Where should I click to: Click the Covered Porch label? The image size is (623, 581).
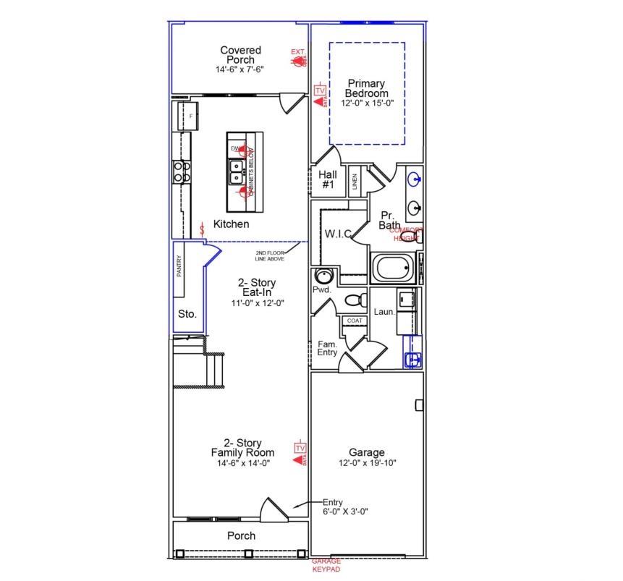(240, 55)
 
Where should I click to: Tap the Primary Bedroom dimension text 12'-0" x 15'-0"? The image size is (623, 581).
(367, 103)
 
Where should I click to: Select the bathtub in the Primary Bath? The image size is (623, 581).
(394, 268)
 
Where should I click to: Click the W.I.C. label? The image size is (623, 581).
(338, 234)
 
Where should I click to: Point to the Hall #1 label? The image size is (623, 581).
(328, 179)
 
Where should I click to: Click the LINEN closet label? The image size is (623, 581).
(355, 181)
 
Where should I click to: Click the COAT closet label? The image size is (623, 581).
(355, 321)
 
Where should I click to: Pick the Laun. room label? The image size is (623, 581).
(384, 312)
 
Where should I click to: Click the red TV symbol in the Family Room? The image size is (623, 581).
(300, 449)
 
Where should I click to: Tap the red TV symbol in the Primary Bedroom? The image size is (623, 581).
(320, 90)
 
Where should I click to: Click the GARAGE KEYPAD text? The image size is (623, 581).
(326, 565)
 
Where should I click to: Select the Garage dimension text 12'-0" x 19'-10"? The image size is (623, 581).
(367, 463)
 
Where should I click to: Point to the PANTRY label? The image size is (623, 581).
(179, 266)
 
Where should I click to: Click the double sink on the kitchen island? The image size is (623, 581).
(237, 171)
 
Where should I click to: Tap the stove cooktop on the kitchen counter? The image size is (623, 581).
(181, 171)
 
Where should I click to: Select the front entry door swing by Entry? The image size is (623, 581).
(275, 508)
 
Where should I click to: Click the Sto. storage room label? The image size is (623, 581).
(187, 314)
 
